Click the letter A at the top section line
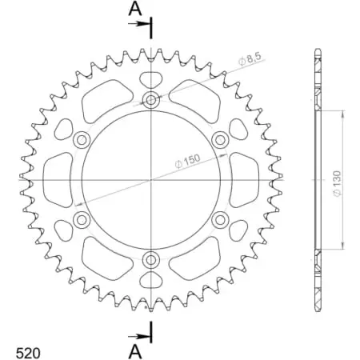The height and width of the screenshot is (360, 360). [135, 10]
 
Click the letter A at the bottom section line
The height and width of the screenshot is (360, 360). [135, 349]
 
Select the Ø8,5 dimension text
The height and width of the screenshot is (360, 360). [249, 58]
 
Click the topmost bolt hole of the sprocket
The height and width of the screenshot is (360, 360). [151, 100]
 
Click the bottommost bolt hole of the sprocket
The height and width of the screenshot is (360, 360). [151, 259]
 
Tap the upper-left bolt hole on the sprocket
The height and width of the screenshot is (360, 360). [82, 140]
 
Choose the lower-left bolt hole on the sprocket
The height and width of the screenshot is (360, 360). [82, 219]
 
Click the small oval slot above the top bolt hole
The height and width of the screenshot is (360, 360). [151, 79]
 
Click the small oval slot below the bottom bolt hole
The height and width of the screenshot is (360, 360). [151, 280]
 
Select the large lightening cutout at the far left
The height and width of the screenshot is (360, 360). [57, 179]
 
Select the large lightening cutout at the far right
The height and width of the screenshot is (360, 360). [246, 179]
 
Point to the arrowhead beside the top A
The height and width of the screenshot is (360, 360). [146, 25]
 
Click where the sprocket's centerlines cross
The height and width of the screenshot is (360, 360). [151, 179]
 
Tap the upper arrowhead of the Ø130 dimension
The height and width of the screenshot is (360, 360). [343, 113]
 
